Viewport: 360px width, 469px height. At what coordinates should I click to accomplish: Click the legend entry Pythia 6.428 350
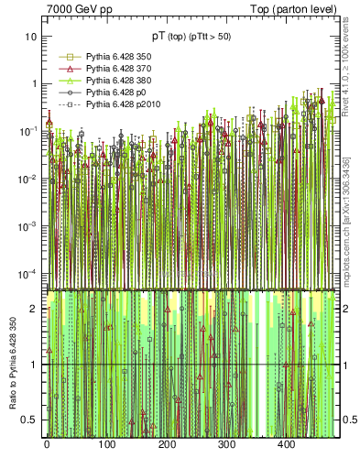105,56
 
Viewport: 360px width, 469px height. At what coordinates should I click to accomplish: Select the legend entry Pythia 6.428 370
105,69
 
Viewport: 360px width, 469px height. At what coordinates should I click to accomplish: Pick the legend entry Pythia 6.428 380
105,81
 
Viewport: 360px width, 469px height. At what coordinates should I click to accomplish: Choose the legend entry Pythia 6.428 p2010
108,105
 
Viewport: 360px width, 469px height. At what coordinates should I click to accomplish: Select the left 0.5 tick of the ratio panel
29,420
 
